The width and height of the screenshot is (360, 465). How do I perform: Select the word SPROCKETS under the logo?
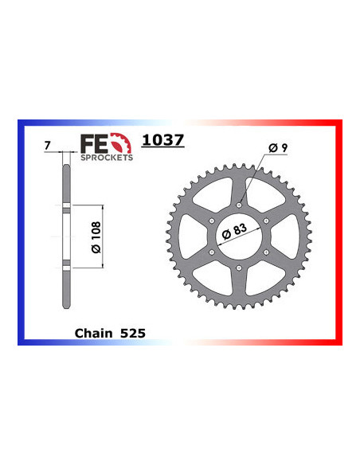[x=106, y=158]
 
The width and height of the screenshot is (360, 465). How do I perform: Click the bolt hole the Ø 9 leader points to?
[x=239, y=205]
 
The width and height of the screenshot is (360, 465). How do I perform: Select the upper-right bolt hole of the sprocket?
[x=267, y=221]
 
